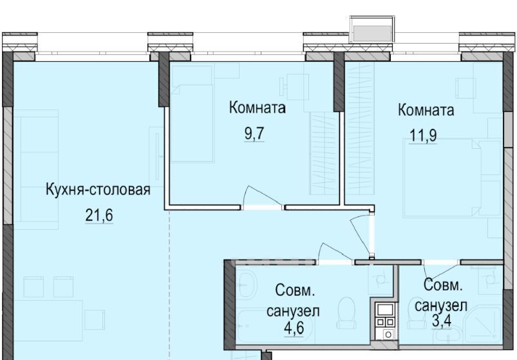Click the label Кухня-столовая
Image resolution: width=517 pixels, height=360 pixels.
coord(98,190)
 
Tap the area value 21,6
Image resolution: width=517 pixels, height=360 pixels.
coord(99,216)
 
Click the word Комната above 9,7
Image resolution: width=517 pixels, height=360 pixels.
coord(258,108)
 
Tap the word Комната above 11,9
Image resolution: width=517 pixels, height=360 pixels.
coord(426,110)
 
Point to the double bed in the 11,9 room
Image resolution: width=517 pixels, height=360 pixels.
coord(451,178)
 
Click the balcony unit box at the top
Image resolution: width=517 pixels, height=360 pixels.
coord(371,30)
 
